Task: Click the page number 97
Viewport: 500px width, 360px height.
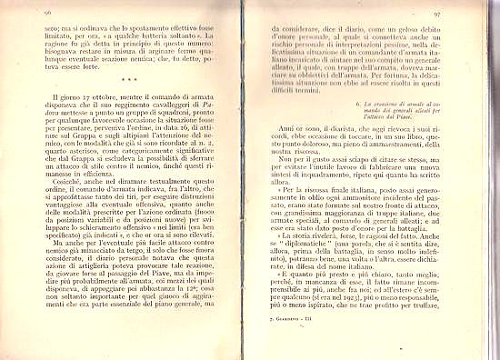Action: click(461, 14)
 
